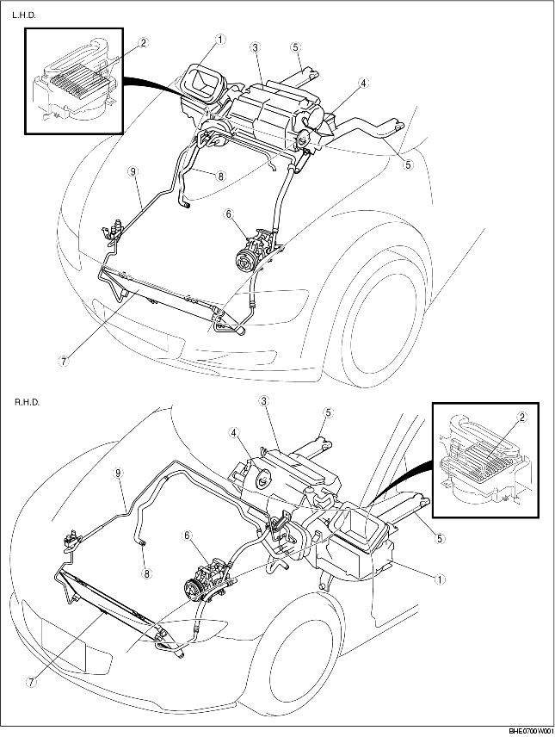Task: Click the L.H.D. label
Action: [24, 15]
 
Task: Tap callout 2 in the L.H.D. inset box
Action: [143, 43]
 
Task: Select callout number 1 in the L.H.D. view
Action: [219, 40]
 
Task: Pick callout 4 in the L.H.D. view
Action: [362, 84]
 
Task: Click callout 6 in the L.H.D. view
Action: [229, 214]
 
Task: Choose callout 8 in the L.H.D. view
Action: [220, 176]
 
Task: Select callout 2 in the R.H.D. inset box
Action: [522, 417]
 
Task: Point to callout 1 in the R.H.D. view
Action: [440, 579]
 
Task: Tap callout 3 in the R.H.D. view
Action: [264, 401]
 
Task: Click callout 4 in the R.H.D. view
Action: [234, 431]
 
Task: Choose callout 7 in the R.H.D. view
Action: [31, 681]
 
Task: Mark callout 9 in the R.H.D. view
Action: [119, 472]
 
